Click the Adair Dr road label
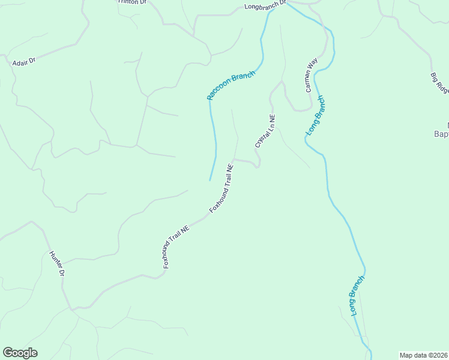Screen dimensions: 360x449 24,61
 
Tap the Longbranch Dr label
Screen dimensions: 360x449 265,6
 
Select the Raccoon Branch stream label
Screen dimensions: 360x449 231,85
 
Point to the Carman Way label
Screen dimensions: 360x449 310,75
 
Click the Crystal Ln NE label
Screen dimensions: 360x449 265,131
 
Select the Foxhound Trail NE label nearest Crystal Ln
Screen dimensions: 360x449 221,188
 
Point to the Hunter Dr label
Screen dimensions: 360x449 56,263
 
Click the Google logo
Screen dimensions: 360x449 20,353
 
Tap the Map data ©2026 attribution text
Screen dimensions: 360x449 424,355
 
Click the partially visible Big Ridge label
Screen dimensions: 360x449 440,83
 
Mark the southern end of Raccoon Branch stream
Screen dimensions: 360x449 209,180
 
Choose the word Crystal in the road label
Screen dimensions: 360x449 261,138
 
